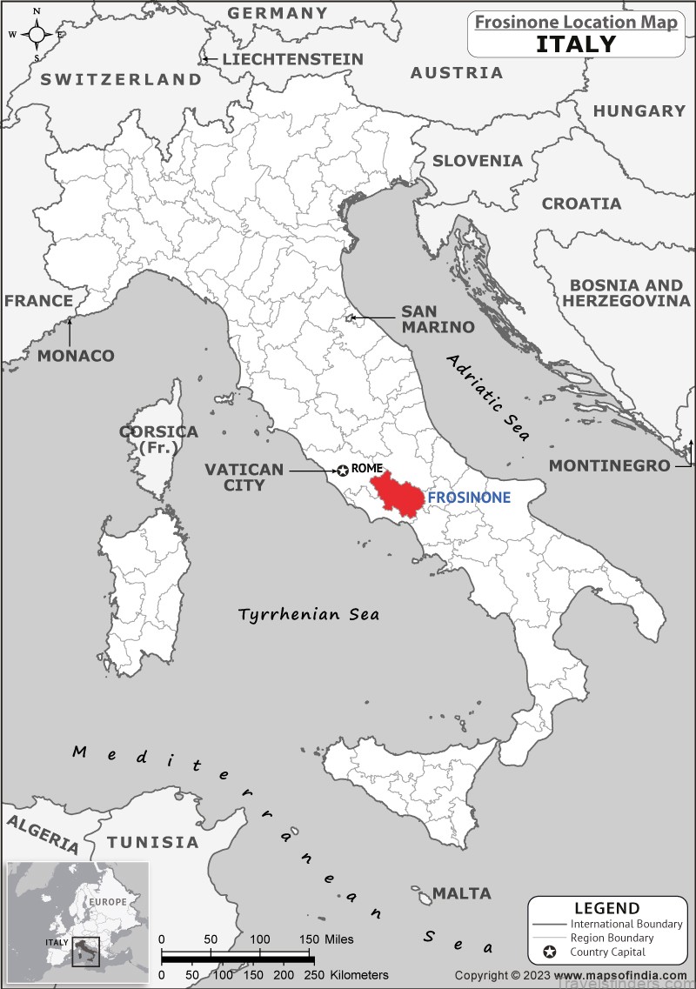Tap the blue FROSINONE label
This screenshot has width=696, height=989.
[468, 498]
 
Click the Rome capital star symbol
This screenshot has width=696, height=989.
[343, 471]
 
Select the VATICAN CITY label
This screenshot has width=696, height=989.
[244, 477]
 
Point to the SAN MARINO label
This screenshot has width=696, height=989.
[438, 318]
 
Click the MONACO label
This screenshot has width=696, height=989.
[76, 356]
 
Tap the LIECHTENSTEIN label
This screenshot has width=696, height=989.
[292, 59]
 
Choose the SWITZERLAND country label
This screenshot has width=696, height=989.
[121, 79]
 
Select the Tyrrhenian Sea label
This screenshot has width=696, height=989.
[309, 615]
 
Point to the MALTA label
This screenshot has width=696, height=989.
[462, 893]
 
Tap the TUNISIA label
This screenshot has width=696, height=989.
[153, 842]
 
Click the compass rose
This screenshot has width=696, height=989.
[37, 35]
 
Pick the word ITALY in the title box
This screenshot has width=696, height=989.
[574, 43]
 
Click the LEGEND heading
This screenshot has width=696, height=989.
[606, 908]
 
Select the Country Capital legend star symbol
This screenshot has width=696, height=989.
[550, 952]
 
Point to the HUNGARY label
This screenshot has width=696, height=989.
[639, 110]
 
